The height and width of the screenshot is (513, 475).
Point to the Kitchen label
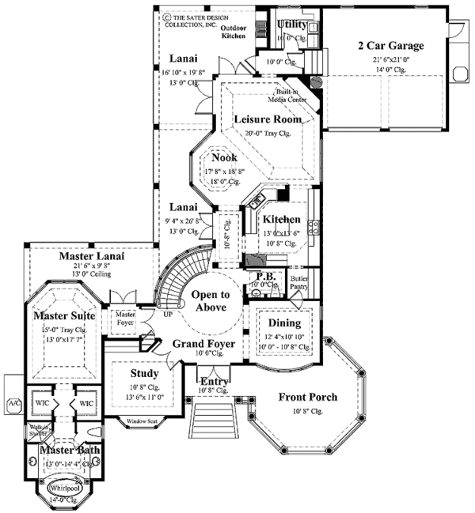tap(281, 219)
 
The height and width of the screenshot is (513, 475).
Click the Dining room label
tap(285, 323)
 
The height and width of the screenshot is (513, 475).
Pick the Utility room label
tap(292, 25)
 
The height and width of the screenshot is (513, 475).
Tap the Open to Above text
tap(209, 301)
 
